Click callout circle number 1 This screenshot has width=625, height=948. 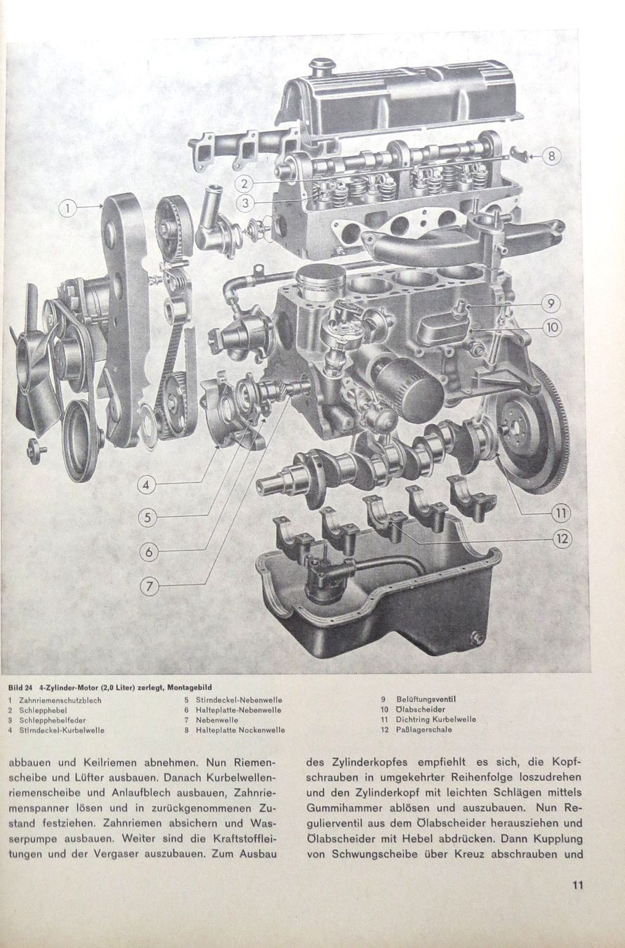click(69, 208)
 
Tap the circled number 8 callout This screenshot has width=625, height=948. click(551, 156)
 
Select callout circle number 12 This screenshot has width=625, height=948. click(561, 539)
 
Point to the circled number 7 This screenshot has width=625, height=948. click(149, 587)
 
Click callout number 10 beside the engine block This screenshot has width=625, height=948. click(552, 327)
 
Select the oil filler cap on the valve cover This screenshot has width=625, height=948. click(321, 68)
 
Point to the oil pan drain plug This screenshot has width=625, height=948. click(478, 638)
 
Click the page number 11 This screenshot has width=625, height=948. click(577, 885)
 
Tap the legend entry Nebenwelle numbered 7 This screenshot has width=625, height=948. click(216, 720)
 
